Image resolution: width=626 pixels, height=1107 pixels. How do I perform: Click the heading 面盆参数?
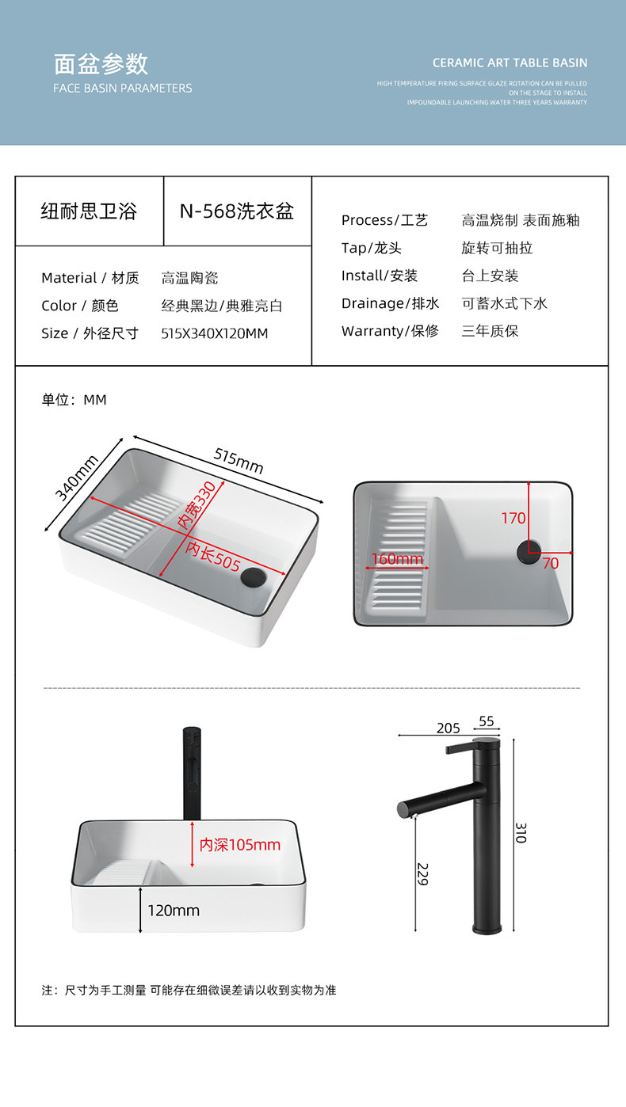click(x=101, y=63)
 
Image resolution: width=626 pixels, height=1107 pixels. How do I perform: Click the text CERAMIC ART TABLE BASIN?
click(x=510, y=63)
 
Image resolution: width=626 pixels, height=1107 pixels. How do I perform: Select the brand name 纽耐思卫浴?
click(x=89, y=211)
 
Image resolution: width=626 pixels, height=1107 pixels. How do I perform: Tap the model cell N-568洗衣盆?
click(x=236, y=211)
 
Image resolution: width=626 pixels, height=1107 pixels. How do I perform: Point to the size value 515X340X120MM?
click(x=214, y=333)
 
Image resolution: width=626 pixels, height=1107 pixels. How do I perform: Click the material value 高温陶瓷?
click(x=189, y=278)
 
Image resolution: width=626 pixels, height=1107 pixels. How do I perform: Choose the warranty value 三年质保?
click(x=490, y=331)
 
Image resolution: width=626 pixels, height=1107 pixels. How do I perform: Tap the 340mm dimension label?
click(x=77, y=477)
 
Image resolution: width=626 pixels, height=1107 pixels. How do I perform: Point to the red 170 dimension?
click(x=513, y=519)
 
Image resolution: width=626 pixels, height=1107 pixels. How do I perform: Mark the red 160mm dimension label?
click(x=398, y=560)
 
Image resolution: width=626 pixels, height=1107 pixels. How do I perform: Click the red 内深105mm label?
click(x=239, y=845)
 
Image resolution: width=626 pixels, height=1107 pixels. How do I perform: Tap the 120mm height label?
click(x=173, y=911)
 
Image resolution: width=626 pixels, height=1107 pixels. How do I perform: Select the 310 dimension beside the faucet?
click(x=521, y=832)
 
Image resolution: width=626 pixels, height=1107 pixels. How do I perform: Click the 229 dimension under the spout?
click(x=422, y=873)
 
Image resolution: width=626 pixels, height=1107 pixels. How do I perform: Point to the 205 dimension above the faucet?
click(x=448, y=728)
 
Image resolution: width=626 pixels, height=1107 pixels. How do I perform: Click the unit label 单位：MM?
click(x=74, y=400)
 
